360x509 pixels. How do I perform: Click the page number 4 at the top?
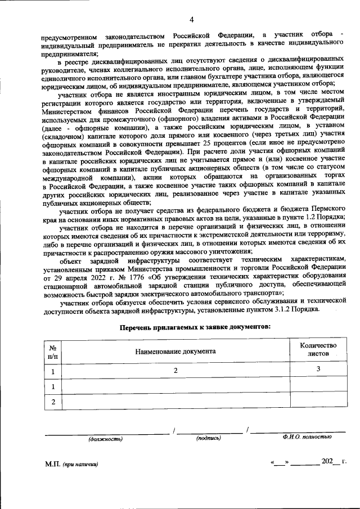(x=191, y=21)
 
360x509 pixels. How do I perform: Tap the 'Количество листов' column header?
(x=318, y=350)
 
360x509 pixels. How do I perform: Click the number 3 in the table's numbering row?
(x=318, y=369)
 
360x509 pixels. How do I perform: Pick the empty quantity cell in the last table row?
(x=318, y=402)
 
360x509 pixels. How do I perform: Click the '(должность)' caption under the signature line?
(x=105, y=438)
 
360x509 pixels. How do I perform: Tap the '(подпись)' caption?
(x=208, y=438)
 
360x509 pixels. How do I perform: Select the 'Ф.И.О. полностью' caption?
(x=307, y=437)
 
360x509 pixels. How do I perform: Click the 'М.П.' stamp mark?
(x=53, y=465)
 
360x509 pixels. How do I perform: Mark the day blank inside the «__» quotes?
(x=280, y=462)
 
